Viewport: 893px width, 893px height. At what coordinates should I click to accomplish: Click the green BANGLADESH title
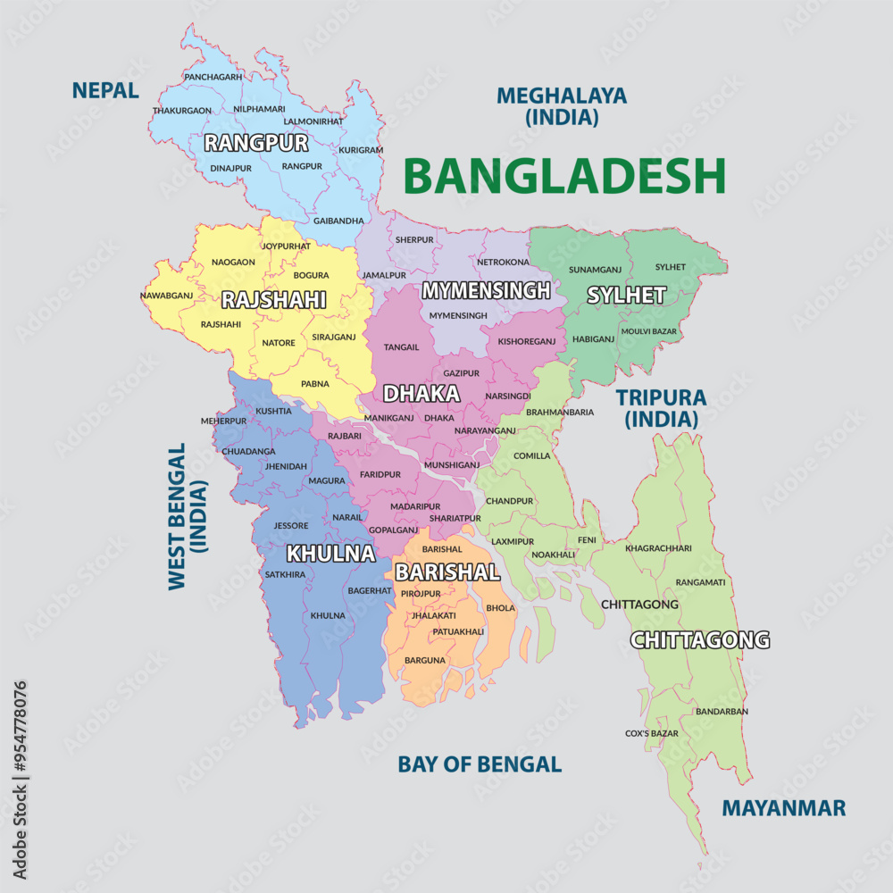(564, 175)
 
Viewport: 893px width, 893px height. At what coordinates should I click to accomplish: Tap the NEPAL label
(105, 90)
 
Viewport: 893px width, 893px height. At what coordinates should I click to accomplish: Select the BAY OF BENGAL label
(480, 764)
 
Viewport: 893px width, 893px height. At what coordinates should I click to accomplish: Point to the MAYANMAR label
(783, 808)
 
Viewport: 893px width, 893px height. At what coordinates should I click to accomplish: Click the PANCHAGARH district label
(213, 78)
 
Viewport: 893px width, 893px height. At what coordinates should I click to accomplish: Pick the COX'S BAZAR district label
(651, 733)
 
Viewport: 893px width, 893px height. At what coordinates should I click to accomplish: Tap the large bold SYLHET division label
(626, 295)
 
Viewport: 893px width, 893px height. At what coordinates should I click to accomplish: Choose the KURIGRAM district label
(361, 150)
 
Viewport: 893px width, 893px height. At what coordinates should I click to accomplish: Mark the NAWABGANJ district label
(166, 295)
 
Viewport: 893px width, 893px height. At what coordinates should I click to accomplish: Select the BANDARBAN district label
(722, 711)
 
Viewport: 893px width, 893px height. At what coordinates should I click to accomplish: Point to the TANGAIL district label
(401, 346)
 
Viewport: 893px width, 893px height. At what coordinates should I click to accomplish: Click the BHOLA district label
(500, 607)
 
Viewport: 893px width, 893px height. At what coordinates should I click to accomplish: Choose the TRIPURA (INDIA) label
(661, 407)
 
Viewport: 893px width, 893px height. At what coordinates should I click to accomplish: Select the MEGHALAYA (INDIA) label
(562, 105)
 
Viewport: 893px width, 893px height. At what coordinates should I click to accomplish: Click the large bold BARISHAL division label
(446, 572)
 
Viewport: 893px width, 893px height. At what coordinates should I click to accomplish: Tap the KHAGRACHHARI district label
(658, 547)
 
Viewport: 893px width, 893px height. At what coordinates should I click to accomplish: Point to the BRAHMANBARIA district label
(560, 413)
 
